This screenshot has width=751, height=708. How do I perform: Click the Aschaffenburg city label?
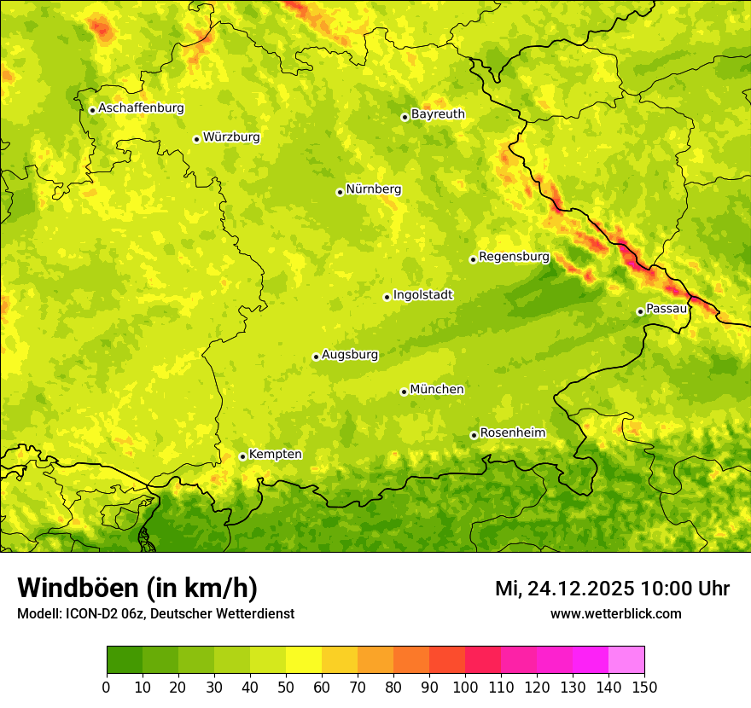pyautogui.click(x=141, y=108)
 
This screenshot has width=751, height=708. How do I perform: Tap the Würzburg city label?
pyautogui.click(x=231, y=137)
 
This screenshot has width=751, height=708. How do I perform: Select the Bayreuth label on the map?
pyautogui.click(x=438, y=114)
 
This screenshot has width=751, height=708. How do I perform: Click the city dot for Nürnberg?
pyautogui.click(x=340, y=192)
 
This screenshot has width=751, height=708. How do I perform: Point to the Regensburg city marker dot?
pyautogui.click(x=473, y=259)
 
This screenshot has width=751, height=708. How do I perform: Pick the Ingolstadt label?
pyautogui.click(x=422, y=295)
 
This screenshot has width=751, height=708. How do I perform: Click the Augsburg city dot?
pyautogui.click(x=316, y=357)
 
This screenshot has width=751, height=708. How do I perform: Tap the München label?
pyautogui.click(x=437, y=390)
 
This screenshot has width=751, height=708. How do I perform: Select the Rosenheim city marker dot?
pyautogui.click(x=474, y=435)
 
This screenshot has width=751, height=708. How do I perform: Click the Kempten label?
pyautogui.click(x=275, y=455)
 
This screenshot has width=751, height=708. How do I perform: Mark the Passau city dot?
pyautogui.click(x=640, y=311)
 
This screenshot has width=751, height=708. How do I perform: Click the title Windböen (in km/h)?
pyautogui.click(x=137, y=588)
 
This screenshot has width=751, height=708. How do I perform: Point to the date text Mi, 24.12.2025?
pyautogui.click(x=564, y=589)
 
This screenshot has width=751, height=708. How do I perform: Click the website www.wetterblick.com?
pyautogui.click(x=616, y=613)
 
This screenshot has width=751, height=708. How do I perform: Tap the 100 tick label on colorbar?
pyautogui.click(x=465, y=687)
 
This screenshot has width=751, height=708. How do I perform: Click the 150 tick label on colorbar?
pyautogui.click(x=644, y=687)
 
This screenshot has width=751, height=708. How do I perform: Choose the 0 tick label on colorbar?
pyautogui.click(x=107, y=687)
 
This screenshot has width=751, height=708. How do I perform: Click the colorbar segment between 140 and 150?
pyautogui.click(x=626, y=660)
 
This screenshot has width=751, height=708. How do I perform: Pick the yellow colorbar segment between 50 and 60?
pyautogui.click(x=304, y=660)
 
